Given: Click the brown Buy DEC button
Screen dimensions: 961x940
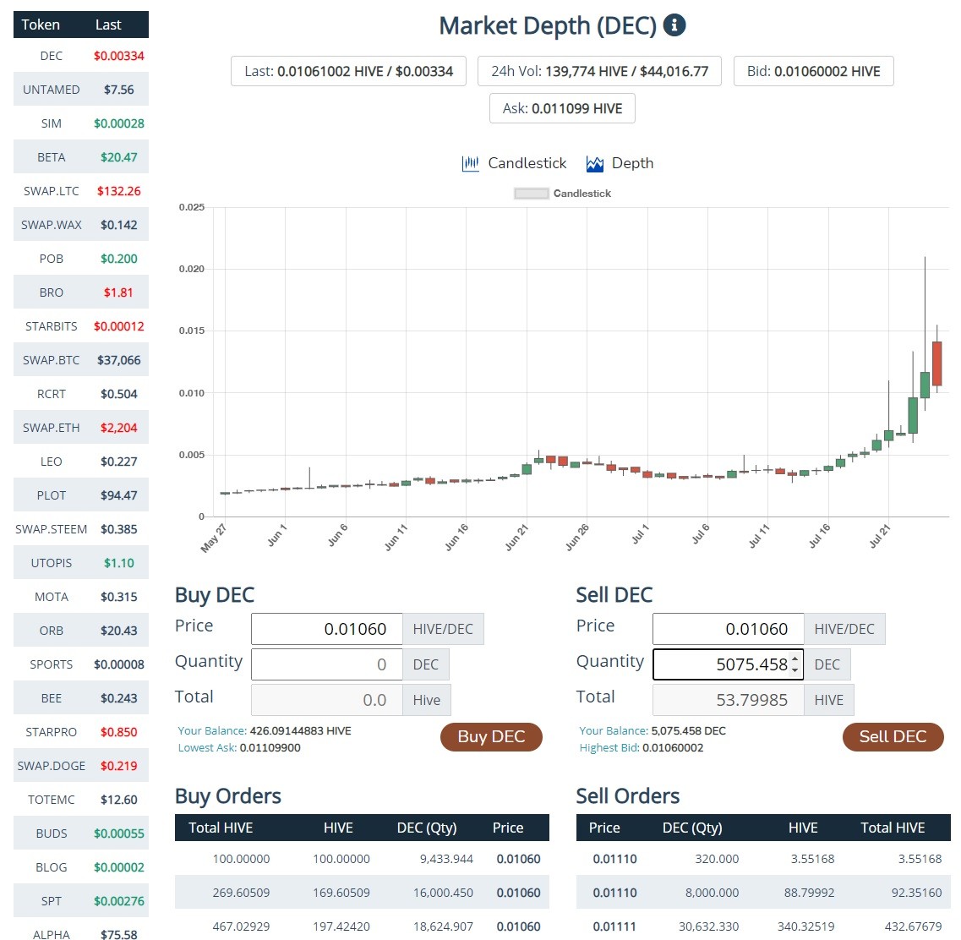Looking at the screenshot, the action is (x=491, y=736).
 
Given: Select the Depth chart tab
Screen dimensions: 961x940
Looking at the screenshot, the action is (x=620, y=164).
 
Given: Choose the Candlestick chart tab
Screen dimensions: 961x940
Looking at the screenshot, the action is (x=514, y=164).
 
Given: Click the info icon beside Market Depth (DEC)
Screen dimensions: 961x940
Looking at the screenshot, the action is (x=674, y=25).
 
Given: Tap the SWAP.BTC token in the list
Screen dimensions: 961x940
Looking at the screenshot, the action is (x=52, y=360).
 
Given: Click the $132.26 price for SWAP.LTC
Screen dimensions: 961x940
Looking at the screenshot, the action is (x=119, y=191).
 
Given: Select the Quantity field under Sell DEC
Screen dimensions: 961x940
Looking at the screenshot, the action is (x=728, y=664).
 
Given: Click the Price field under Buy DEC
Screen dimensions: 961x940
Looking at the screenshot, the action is (x=326, y=629).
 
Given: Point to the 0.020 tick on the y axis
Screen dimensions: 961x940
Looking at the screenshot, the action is (x=192, y=269).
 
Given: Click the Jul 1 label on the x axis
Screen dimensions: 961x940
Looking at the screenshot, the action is (x=640, y=534).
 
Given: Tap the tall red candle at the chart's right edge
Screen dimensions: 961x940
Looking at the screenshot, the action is (x=936, y=363).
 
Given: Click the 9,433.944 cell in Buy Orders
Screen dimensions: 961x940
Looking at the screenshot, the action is (x=446, y=859).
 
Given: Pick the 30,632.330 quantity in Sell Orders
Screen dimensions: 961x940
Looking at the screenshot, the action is (x=708, y=926).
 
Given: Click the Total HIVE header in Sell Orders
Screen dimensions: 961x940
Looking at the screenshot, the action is (x=893, y=828).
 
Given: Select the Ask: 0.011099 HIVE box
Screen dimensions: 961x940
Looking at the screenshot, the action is (x=562, y=108).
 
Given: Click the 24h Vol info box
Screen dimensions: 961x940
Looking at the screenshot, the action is (x=599, y=71).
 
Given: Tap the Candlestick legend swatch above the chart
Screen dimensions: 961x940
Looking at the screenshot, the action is (x=532, y=194).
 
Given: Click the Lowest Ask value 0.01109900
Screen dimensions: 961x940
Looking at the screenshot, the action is (x=270, y=747).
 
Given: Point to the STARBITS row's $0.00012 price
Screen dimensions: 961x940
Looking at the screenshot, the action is (x=119, y=326).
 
